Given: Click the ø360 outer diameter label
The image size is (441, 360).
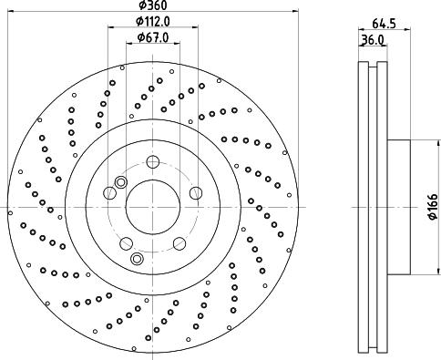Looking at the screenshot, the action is pos(153,5).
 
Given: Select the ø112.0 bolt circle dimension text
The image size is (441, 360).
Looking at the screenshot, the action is pos(153,21).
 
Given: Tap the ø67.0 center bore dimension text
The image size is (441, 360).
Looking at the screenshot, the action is pos(153,37).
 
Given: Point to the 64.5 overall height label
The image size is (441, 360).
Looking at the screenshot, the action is pos(385,24).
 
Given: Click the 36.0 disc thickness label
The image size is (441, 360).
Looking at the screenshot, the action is pos(373,39).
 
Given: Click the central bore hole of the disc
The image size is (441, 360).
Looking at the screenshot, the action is pos(153,207).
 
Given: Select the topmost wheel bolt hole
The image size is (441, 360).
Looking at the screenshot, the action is pos(153,161).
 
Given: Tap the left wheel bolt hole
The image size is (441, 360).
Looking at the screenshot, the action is pos(110,193).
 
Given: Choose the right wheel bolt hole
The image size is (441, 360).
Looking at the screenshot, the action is pos(196,193).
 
